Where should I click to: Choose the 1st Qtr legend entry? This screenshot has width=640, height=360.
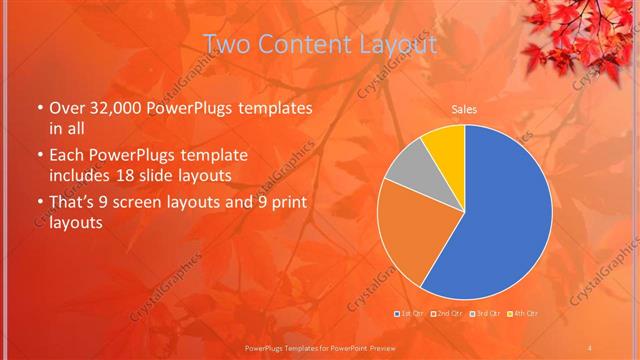click(413, 314)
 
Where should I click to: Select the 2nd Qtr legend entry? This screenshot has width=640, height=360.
click(448, 314)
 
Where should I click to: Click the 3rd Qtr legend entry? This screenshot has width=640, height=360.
click(484, 314)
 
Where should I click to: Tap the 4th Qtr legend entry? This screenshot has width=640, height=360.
click(520, 314)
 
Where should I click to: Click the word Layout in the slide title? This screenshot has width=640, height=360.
click(399, 45)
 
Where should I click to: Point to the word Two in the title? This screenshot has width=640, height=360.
click(227, 45)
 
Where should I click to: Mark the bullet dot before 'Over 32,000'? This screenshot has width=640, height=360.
click(39, 108)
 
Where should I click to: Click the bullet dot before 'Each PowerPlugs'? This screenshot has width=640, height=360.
click(39, 157)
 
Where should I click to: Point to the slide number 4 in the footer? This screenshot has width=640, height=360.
click(589, 347)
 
